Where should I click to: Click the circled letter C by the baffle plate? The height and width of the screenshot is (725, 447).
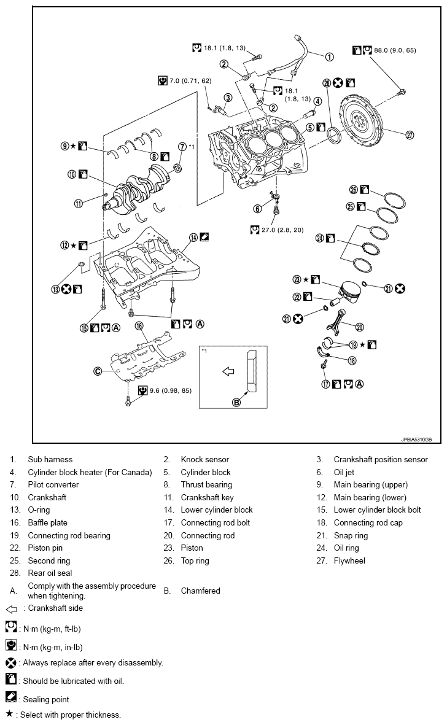pos(96,371)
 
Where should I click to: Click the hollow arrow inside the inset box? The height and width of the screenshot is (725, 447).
pos(228,371)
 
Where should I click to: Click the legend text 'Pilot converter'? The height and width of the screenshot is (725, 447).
pos(53,485)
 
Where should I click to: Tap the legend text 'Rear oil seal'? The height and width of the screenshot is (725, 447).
pos(50,573)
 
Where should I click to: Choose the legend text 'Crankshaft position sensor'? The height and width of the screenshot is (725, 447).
pos(381,460)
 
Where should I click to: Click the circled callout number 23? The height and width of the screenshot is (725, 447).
pos(298,279)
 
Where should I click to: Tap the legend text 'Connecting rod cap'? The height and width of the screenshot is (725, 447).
pos(368,523)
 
